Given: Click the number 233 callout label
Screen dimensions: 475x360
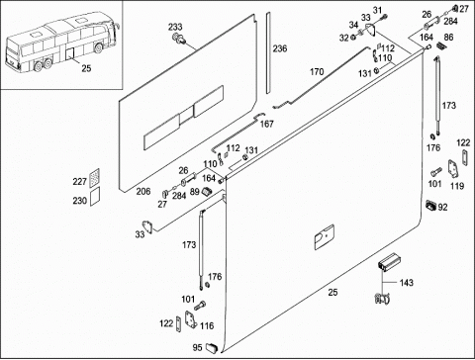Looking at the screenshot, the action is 175,27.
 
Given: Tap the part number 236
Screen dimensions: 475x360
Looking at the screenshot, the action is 280,48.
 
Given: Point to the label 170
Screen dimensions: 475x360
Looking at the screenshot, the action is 317,71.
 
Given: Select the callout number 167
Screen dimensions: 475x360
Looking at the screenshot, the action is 267,124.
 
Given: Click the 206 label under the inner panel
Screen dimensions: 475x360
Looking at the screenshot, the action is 143,192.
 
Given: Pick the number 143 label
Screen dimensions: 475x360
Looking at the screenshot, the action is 406,283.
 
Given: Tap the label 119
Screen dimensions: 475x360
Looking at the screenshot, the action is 457,186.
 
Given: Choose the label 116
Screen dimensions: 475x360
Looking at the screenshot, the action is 207,326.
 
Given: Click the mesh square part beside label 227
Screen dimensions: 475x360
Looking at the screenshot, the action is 95,178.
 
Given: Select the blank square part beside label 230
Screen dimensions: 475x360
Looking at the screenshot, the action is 95,197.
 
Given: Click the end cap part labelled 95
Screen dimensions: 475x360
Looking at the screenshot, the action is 212,347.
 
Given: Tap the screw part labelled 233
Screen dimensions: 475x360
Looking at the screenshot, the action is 179,39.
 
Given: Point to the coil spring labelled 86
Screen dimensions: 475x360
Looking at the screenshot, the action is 440,45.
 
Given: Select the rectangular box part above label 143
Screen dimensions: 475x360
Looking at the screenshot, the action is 388,262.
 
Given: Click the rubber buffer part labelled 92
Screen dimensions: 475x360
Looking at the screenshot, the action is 431,205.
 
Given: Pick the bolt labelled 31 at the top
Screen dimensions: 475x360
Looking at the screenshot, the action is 384,17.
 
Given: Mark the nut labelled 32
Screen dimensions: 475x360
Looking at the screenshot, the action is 352,37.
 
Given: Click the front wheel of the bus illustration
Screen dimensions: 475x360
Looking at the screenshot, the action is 98,48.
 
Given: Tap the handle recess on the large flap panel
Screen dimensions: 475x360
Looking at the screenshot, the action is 324,237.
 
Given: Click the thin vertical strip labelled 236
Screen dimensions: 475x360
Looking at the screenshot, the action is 268,52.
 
